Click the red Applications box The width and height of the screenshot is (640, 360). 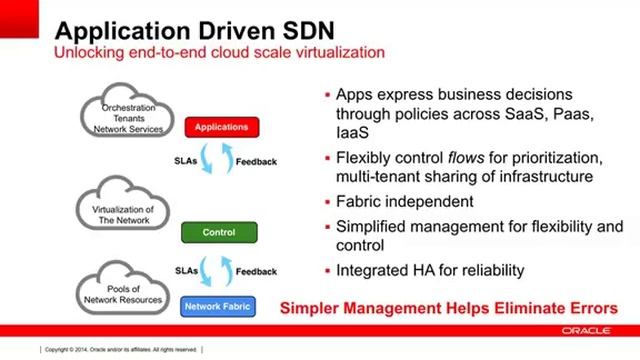point(222,128)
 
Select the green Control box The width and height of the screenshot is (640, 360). point(219,232)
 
